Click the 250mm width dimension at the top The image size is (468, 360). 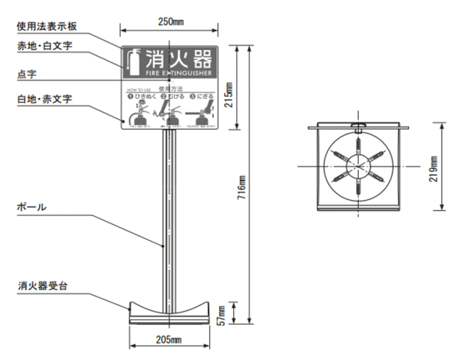coord(172,21)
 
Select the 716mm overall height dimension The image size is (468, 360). coord(242,188)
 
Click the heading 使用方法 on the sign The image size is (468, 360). coord(171,88)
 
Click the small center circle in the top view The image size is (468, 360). coord(356,166)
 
